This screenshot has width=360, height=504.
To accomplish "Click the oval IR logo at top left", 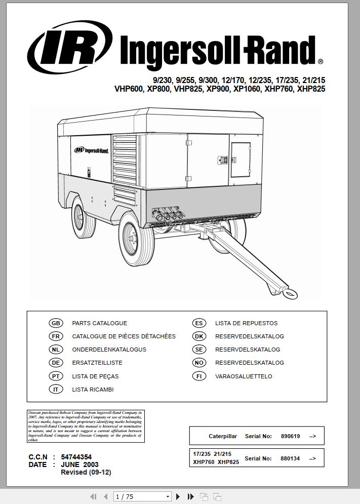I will pos(70,48).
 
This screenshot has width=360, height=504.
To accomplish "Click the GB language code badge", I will pos(56,323).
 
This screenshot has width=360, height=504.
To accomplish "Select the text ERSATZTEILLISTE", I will pos(97,363).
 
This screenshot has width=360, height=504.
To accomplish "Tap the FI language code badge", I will pos(199,376).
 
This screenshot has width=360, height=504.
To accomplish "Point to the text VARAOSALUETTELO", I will pos(244,376).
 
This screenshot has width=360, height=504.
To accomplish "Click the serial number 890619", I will pos(290,436).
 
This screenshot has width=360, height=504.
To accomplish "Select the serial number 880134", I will pos(290,458).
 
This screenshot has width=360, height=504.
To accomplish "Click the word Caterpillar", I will pos(222,436).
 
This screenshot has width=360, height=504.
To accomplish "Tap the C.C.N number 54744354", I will pos(76,457).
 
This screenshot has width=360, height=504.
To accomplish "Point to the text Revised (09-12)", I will pos(86,472).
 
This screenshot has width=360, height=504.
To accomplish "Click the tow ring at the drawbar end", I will pos(290,293).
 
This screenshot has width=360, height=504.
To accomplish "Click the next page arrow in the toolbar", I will pos(178,496).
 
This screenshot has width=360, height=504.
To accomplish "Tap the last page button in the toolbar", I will pos(190,496).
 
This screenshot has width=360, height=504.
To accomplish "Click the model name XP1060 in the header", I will pos(247,89).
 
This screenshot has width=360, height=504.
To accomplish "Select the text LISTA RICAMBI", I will pos(93,390).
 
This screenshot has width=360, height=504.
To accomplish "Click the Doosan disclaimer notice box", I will pos(85,426).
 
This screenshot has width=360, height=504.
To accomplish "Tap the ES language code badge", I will pos(199,323).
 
